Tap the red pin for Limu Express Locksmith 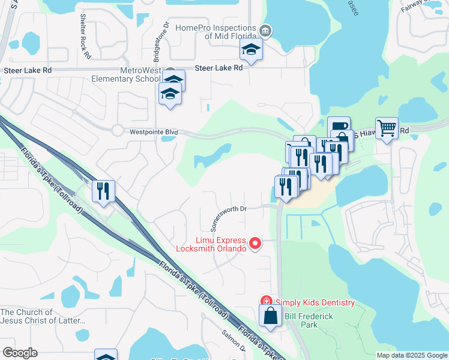click(x=255, y=243)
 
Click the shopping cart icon click(x=387, y=128)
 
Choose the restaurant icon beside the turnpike click(x=103, y=191)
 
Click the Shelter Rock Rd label click(x=84, y=41)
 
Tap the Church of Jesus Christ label click(x=43, y=316)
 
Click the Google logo click(x=19, y=352)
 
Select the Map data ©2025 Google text click(x=411, y=355)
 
